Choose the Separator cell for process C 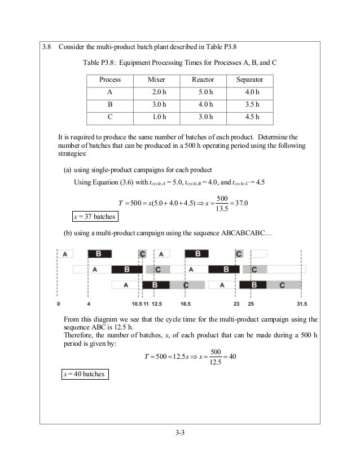249,117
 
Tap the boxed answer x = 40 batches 84,373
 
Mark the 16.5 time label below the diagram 186,304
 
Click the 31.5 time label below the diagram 301,304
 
